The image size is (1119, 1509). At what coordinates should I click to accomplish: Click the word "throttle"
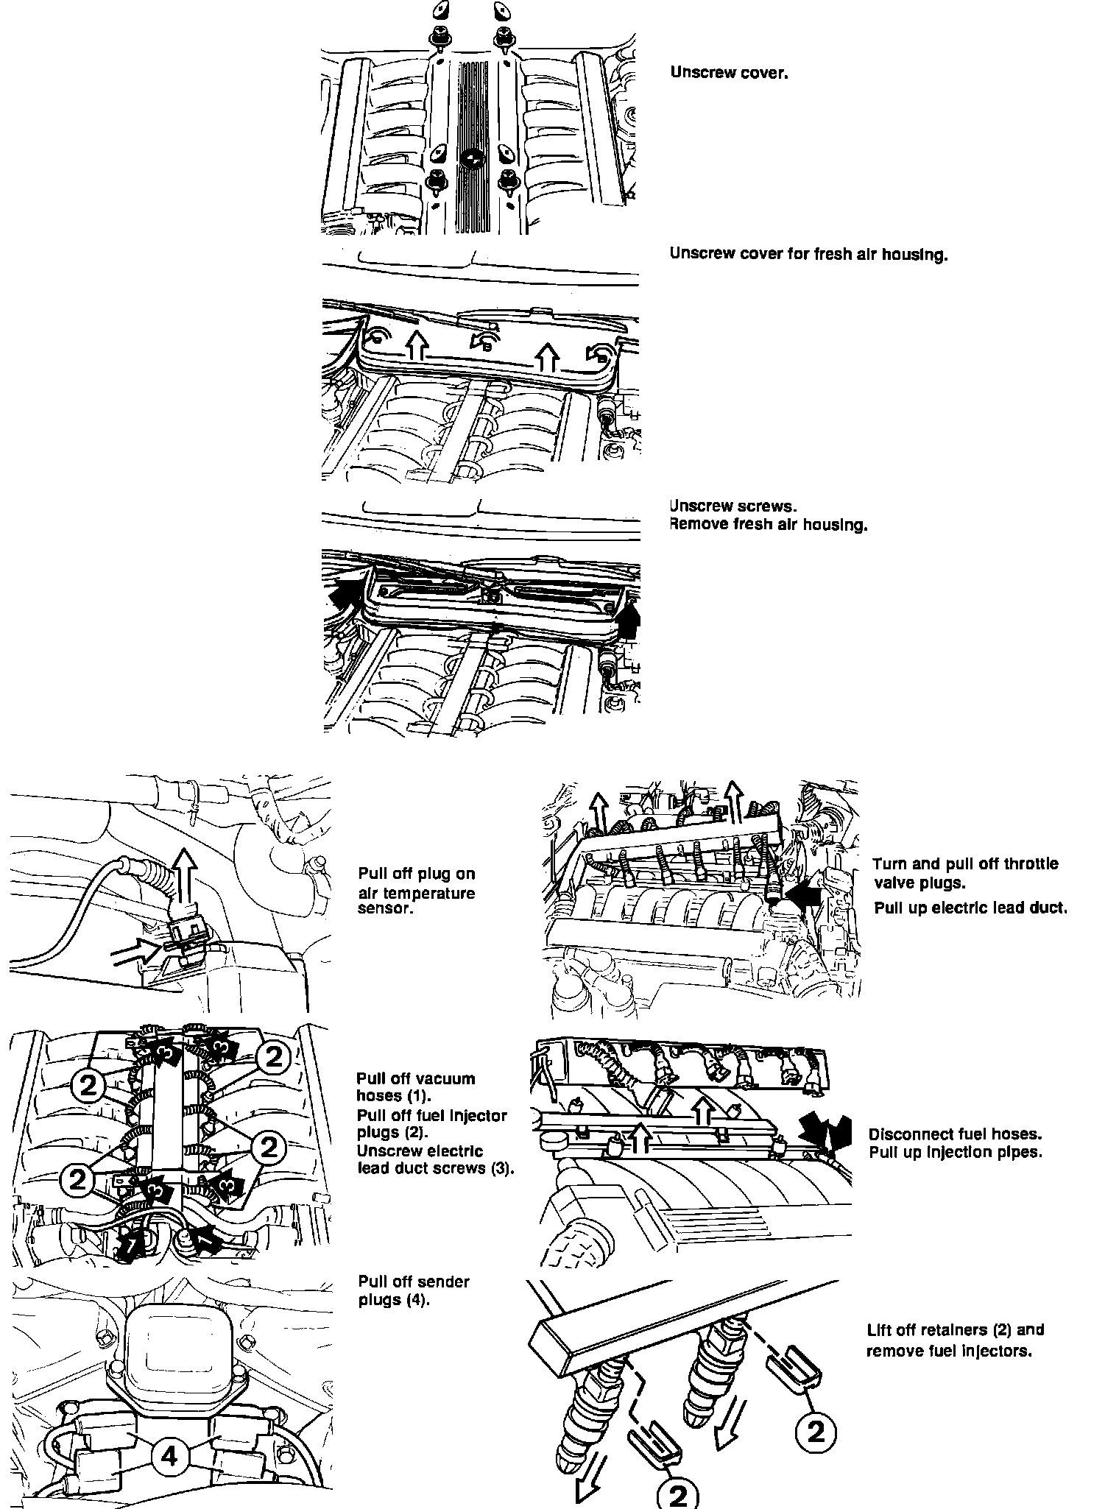pos(1029,863)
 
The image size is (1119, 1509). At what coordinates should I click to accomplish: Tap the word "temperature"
pos(417,894)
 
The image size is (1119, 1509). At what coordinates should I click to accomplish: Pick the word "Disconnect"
pos(908,1134)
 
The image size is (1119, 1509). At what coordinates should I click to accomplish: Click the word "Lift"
pos(880,1330)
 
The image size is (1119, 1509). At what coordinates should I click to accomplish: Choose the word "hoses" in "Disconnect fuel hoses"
pos(1018,1134)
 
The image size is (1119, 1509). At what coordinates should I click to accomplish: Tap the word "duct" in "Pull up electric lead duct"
pos(1049,908)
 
